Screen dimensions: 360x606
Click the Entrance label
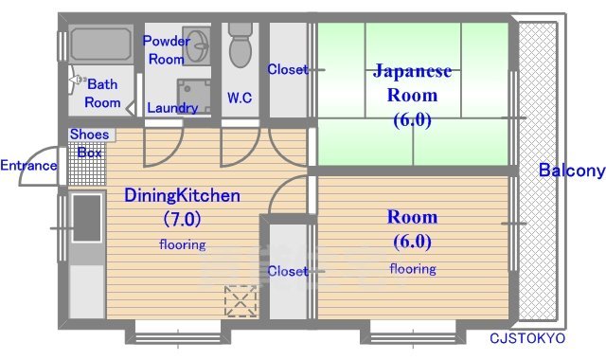28,166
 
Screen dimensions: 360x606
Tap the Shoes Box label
89,143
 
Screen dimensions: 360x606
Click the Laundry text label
172,108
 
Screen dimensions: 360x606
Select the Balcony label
571,171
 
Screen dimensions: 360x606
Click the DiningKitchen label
182,195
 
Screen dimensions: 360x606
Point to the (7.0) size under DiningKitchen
182,219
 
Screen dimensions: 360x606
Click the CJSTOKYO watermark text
527,338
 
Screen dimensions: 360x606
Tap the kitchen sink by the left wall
86,217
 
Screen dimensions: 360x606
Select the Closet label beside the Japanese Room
288,69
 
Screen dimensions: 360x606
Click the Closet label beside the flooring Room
288,271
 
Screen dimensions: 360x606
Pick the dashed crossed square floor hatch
241,300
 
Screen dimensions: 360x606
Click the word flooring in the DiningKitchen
182,244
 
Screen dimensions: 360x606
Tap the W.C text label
239,97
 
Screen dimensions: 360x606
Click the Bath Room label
102,93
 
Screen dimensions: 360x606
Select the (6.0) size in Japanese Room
412,119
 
